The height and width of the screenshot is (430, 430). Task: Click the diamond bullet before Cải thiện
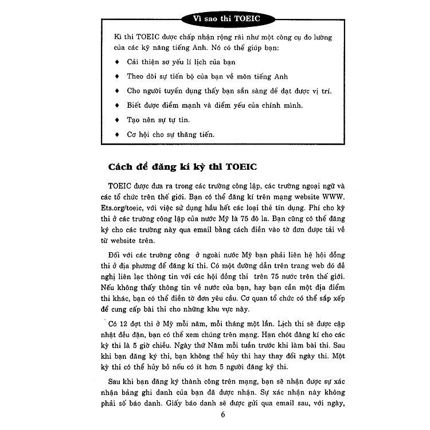117,61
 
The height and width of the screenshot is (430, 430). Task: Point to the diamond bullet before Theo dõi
117,76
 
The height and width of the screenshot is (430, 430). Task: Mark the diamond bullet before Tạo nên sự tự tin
117,120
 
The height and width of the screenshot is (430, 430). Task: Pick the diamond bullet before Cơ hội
117,135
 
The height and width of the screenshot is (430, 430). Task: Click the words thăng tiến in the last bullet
195,135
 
